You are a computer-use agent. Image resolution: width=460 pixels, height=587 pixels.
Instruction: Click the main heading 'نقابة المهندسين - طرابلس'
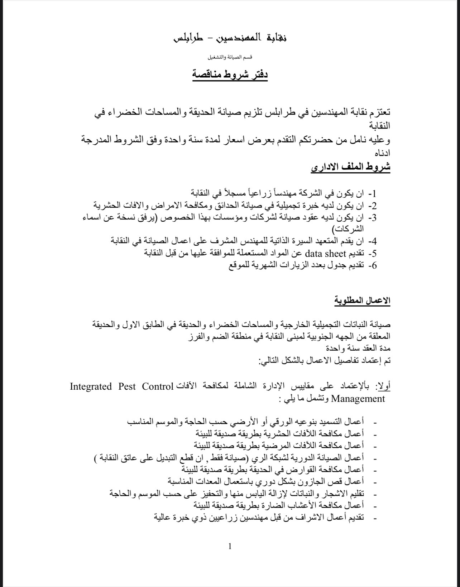coord(230,38)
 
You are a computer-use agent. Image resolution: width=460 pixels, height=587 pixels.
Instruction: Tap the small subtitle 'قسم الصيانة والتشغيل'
coord(230,57)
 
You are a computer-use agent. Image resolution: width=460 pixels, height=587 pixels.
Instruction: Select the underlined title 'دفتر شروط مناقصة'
coord(230,75)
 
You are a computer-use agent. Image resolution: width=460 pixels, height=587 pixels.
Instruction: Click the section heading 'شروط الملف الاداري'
coord(350,168)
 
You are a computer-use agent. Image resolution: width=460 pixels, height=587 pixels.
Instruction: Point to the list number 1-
coord(373,194)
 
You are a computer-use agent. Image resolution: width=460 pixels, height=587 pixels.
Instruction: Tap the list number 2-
coord(373,206)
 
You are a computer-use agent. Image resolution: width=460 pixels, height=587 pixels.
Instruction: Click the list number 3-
coord(373,218)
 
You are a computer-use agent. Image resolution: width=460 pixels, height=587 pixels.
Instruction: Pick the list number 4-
coord(373,241)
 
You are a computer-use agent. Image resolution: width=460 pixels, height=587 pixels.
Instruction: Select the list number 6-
coord(373,265)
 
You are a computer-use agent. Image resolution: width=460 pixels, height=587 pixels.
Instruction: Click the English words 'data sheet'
coord(325,254)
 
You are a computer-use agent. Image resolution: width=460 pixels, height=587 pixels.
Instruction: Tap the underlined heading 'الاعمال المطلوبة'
coord(362,300)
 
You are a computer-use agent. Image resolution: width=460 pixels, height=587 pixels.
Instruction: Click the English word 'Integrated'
coord(91,386)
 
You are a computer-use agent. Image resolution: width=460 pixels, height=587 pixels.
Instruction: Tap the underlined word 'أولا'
coord(382,386)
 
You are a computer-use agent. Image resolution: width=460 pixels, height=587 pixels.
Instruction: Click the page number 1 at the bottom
coord(230,546)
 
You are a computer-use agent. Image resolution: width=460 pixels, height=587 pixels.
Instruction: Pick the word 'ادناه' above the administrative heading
coord(382,153)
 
